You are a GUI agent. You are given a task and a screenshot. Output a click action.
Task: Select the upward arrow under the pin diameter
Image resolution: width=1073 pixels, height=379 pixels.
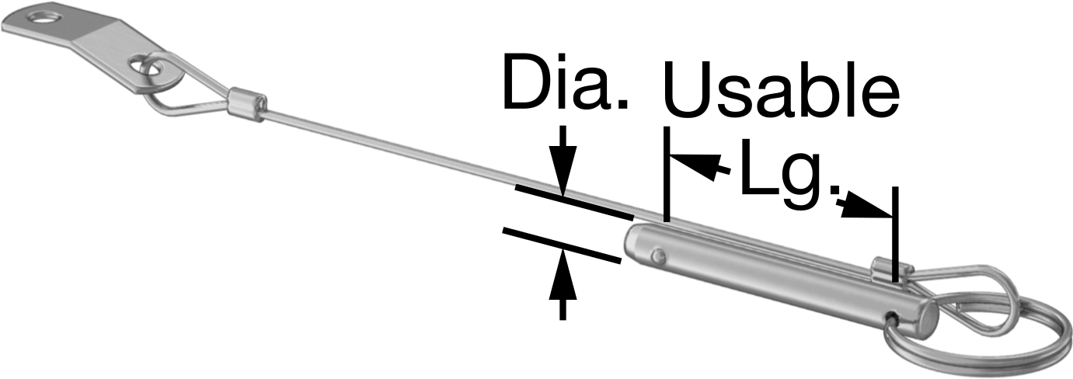563,285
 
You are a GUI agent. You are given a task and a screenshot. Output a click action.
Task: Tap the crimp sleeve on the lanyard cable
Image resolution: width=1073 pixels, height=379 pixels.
246,104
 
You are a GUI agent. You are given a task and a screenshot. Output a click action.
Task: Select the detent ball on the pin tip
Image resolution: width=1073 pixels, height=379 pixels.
658,256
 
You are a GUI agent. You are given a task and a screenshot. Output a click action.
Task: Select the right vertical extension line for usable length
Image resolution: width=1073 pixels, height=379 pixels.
895,235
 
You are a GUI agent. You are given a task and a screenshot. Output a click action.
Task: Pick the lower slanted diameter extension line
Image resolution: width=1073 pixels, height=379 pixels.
562,245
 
